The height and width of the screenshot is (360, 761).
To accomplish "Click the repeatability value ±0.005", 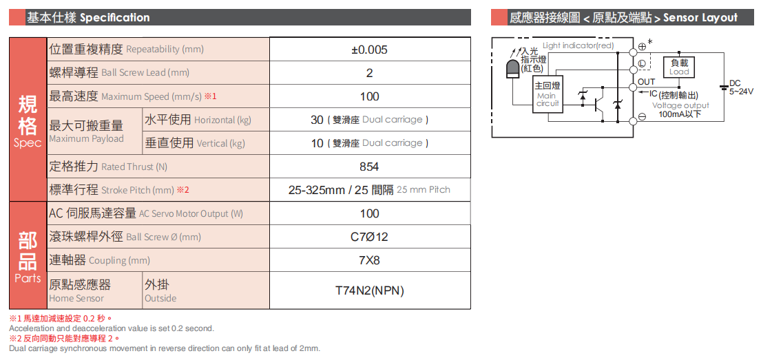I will [x=369, y=50].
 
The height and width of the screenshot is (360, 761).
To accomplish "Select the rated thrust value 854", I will [x=369, y=167].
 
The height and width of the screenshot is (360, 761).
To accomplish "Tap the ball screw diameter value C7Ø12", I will [x=369, y=237].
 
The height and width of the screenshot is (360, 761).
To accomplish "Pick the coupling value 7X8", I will [x=369, y=260].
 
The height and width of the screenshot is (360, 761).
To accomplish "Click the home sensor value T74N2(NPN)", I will [x=369, y=290].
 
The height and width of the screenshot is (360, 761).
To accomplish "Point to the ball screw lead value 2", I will [x=369, y=73].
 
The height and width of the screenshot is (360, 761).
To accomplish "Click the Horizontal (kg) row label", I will [x=198, y=120].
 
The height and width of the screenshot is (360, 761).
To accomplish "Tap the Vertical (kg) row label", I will [x=195, y=143].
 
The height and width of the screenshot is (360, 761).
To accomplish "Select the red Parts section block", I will [x=28, y=255].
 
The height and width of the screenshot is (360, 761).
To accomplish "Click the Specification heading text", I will [x=114, y=18].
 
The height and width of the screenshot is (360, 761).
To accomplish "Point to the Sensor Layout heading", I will [x=700, y=18].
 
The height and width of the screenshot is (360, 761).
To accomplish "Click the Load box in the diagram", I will [x=678, y=67].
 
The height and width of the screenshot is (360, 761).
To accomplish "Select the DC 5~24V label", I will [x=740, y=87].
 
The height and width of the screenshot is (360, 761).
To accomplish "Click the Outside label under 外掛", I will [x=160, y=298].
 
